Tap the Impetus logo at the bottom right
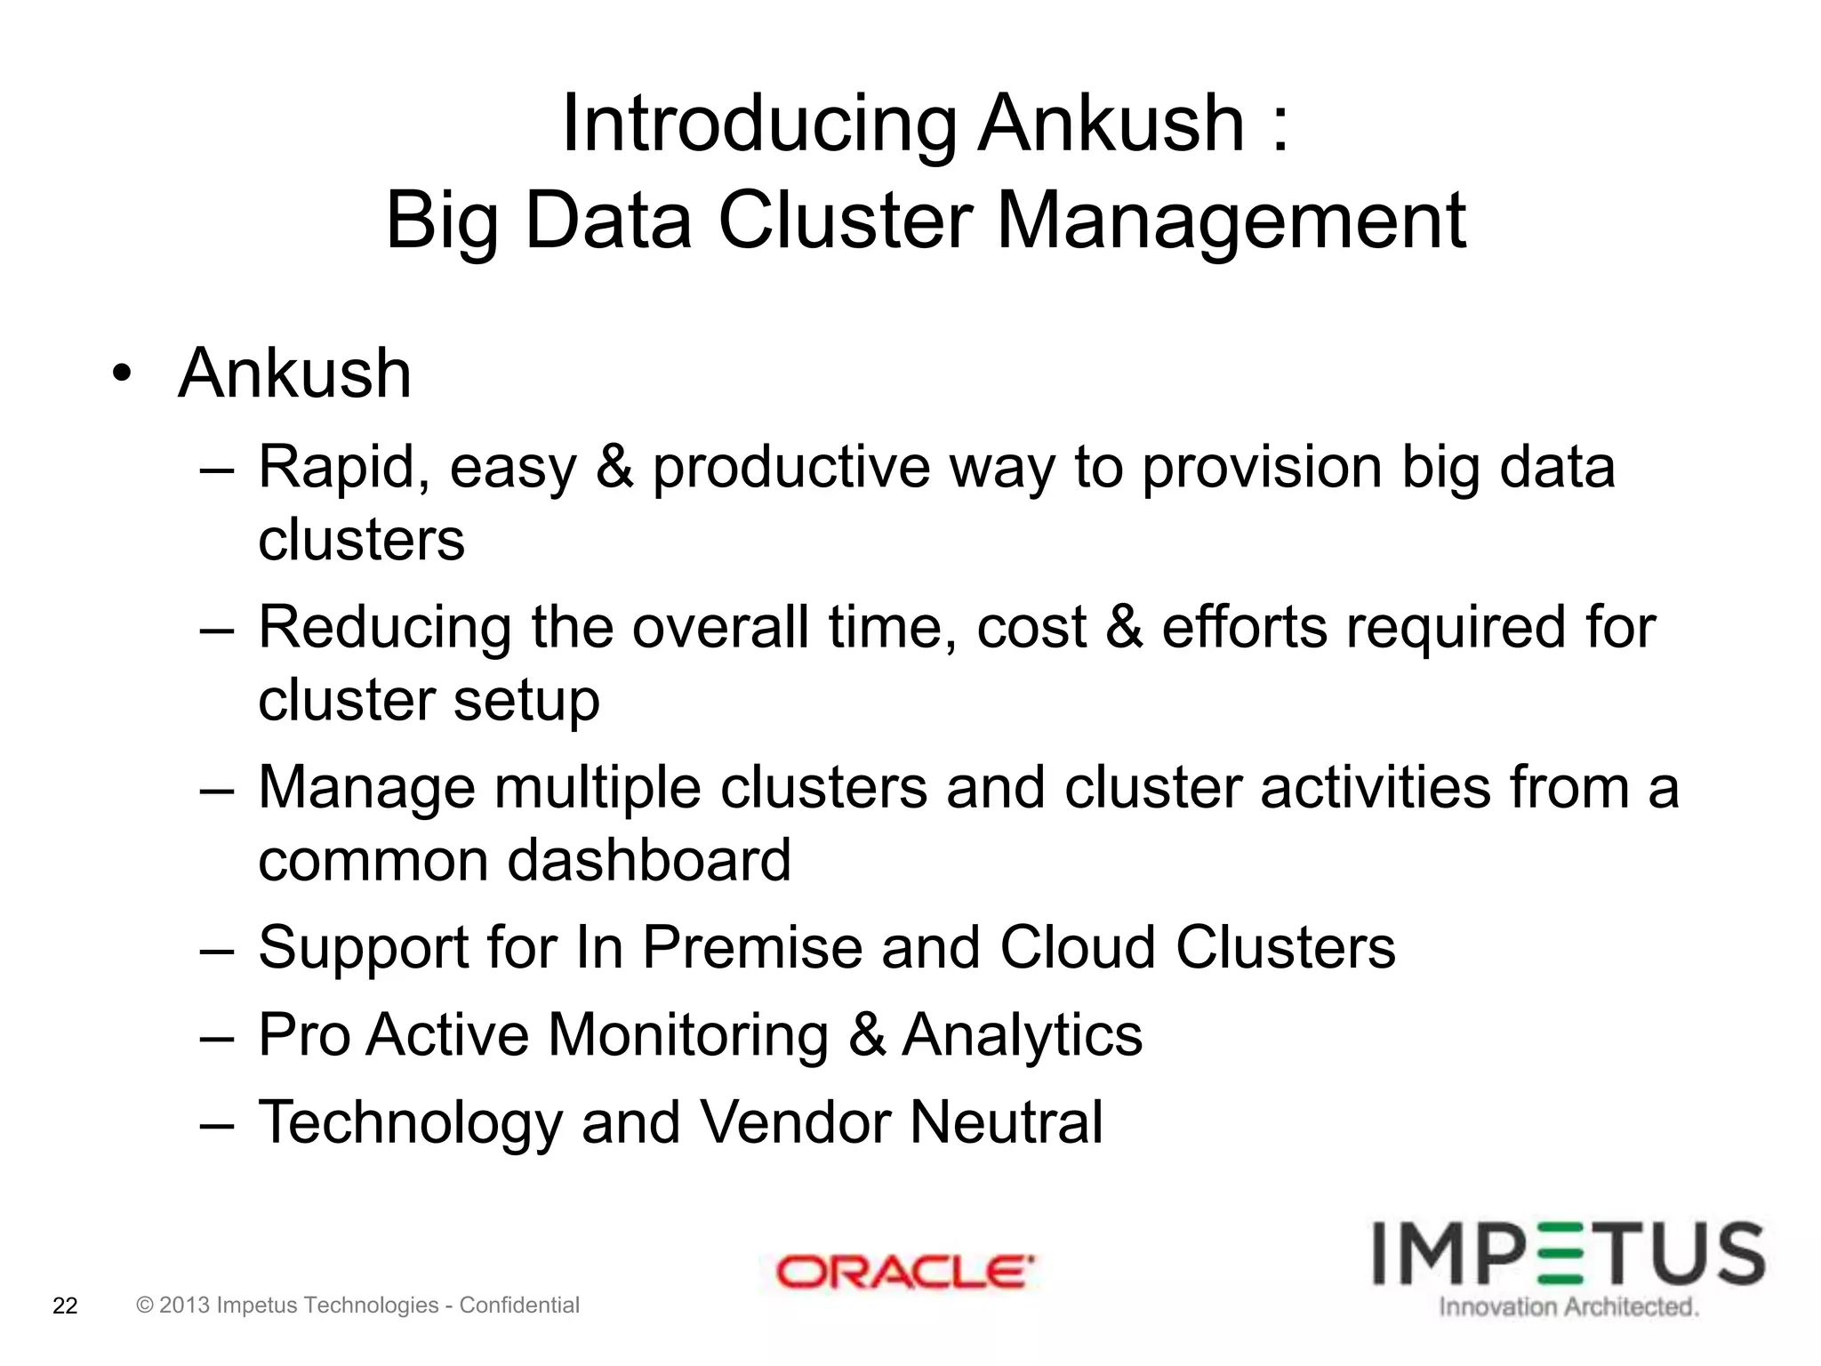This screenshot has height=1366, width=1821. click(x=1568, y=1254)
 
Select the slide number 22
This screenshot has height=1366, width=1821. click(x=66, y=1306)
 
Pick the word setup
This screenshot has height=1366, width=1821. click(x=526, y=700)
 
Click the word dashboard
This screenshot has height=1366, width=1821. click(x=649, y=860)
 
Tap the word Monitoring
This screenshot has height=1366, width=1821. click(x=688, y=1035)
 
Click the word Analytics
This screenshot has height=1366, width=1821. click(x=1023, y=1035)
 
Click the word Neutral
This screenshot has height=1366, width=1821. click(x=1007, y=1122)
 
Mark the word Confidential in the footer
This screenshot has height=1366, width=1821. click(x=519, y=1306)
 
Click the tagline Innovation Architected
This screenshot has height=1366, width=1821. click(x=1568, y=1307)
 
